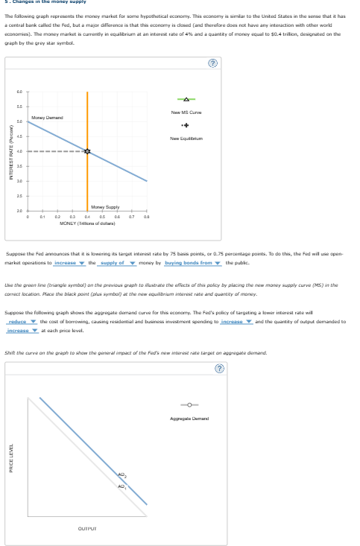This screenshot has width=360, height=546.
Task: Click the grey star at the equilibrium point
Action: tap(86, 151)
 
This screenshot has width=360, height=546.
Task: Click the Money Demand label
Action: tap(47, 118)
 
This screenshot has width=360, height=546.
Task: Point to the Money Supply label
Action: tap(104, 206)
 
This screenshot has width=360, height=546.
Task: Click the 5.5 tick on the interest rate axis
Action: tap(19, 106)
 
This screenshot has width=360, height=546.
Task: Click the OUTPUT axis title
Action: tap(86, 529)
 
